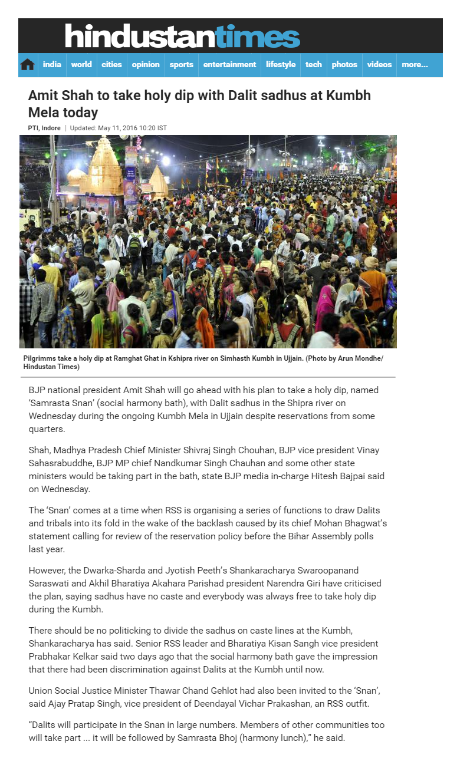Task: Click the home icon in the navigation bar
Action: [28, 65]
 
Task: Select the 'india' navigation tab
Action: [52, 65]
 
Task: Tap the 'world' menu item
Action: [81, 65]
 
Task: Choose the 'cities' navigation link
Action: [111, 65]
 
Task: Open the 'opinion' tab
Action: [146, 65]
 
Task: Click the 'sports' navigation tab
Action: [182, 65]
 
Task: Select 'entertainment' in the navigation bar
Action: [230, 65]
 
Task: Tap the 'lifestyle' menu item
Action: [281, 65]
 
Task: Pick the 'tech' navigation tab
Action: [314, 65]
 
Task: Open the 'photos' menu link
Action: [344, 65]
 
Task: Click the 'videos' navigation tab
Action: [379, 65]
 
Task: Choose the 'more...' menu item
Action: [415, 65]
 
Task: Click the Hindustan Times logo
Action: [182, 36]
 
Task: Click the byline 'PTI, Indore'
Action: [45, 128]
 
